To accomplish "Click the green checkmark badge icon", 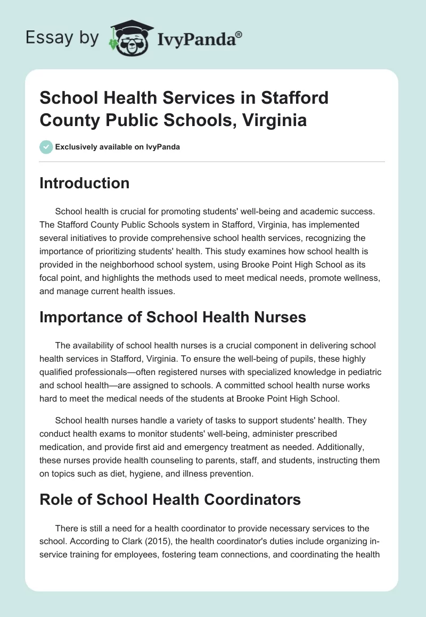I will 46,147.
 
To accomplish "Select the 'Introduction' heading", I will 85,183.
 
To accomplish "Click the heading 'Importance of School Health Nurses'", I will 173,317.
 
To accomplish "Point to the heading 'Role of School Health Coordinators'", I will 170,499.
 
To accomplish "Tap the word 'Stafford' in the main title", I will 292,98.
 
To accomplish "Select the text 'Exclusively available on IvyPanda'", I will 118,147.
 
